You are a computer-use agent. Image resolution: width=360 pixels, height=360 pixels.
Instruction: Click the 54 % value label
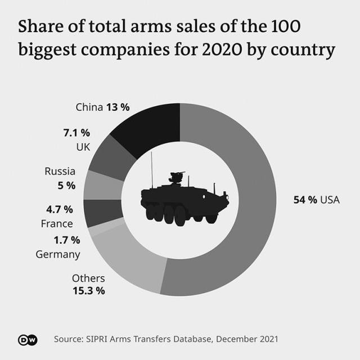305,200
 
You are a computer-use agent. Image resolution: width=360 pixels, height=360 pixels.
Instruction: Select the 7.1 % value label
76,133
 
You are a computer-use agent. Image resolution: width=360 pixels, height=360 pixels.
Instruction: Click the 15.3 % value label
89,291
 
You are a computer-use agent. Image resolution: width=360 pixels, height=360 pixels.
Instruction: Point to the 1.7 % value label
67,240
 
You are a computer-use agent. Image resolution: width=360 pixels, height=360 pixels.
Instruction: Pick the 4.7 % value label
60,209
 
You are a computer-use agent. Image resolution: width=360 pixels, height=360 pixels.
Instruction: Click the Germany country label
58,254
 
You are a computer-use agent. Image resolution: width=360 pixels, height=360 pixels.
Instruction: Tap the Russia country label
60,171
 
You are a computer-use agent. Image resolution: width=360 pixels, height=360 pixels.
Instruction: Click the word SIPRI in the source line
98,339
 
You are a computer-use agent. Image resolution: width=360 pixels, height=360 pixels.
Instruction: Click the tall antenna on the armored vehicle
151,169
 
